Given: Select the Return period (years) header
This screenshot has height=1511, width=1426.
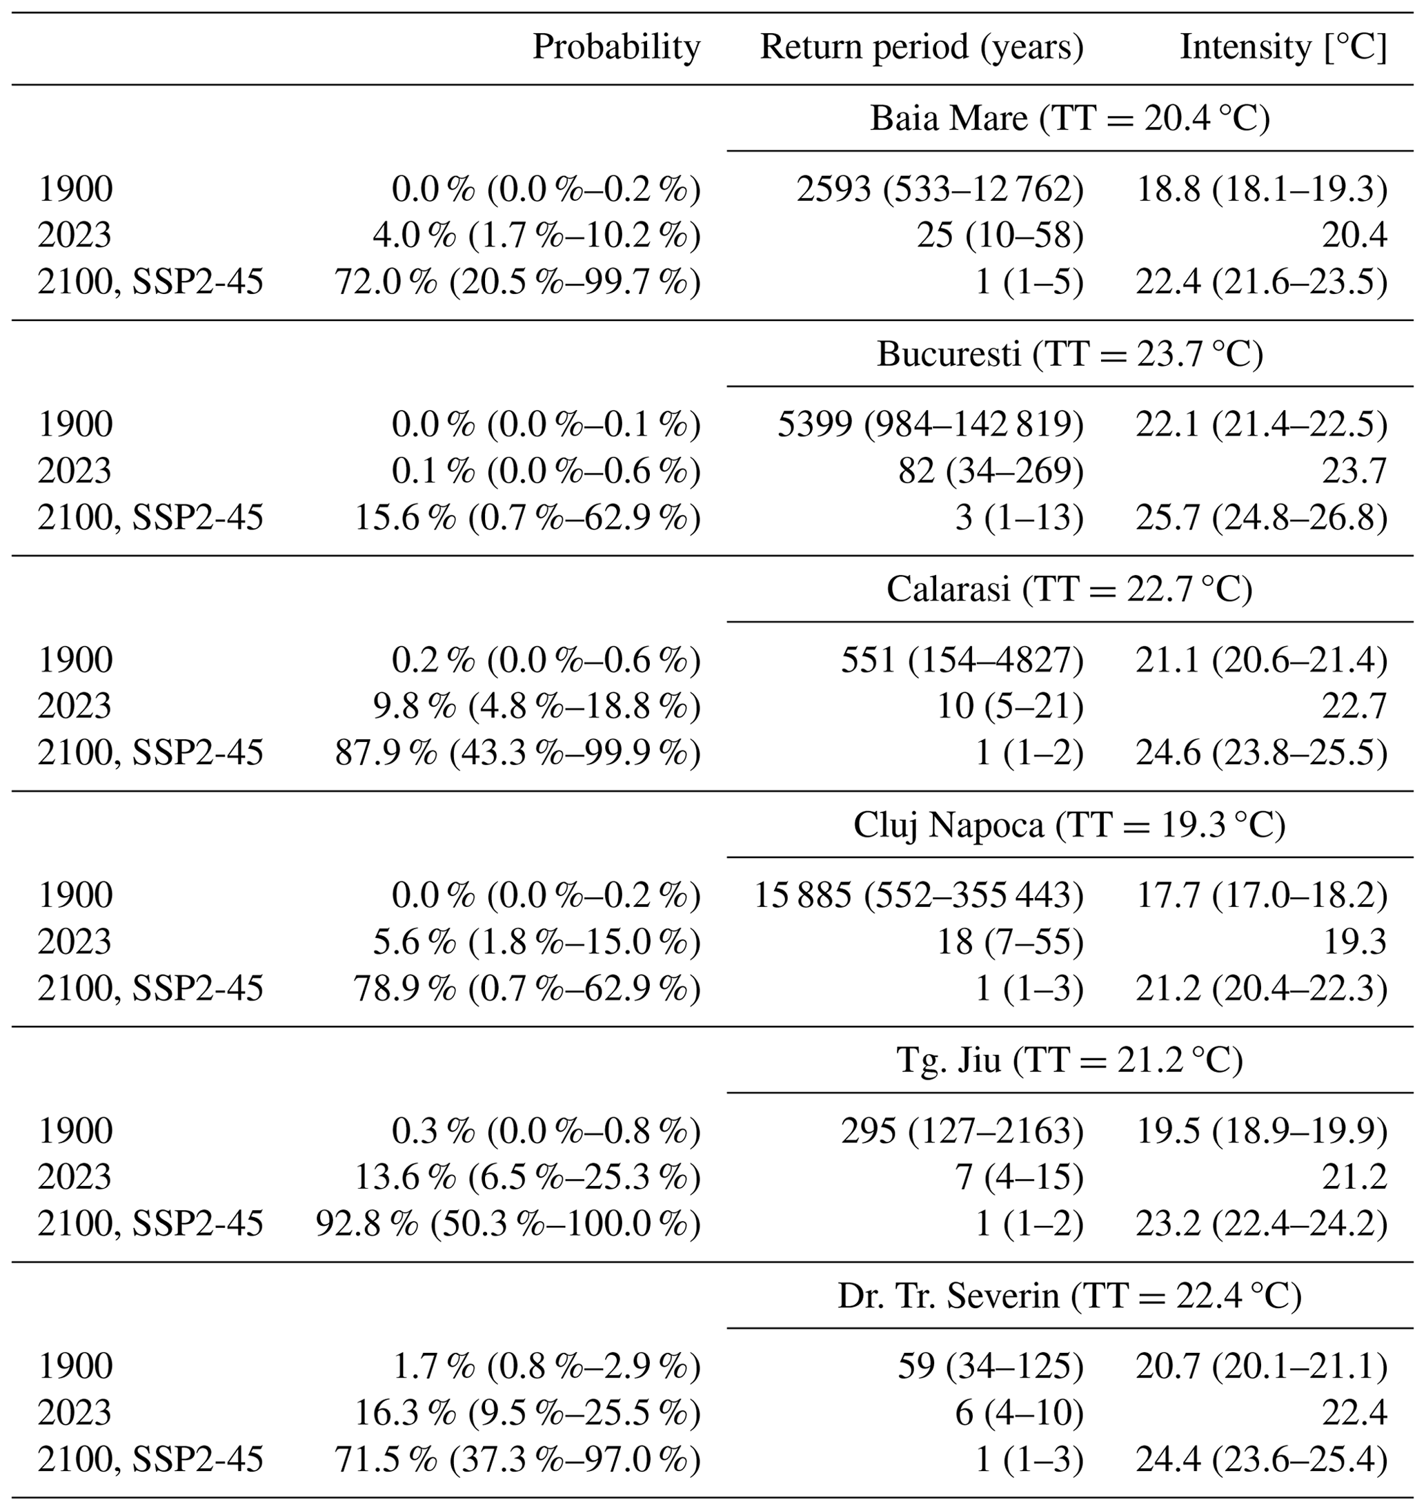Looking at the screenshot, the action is click(x=922, y=48).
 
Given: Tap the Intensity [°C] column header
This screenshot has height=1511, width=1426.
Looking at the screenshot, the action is click(x=1284, y=48).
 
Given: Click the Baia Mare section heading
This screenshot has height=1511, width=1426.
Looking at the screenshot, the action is click(x=1070, y=119).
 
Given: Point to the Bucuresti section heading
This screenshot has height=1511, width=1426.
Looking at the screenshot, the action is click(x=1070, y=354).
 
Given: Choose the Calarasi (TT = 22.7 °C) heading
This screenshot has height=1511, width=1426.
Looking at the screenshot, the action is click(x=1069, y=589).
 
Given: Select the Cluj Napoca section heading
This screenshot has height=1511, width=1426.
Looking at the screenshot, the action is click(x=1069, y=825).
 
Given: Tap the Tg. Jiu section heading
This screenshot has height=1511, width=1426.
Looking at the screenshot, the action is click(x=1069, y=1060).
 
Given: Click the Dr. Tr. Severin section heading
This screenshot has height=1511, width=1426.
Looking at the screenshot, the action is click(x=1069, y=1296).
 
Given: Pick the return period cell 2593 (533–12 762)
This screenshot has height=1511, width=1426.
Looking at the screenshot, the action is click(x=940, y=189).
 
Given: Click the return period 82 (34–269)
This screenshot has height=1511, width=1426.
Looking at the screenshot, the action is click(x=991, y=471).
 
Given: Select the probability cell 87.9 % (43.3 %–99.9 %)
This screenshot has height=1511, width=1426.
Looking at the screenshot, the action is click(x=517, y=754).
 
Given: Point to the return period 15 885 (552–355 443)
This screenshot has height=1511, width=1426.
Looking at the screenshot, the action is click(x=919, y=896).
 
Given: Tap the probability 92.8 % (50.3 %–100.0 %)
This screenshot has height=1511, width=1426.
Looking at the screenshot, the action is click(x=508, y=1225).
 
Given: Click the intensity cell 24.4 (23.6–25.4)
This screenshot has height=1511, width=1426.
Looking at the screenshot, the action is click(x=1262, y=1459).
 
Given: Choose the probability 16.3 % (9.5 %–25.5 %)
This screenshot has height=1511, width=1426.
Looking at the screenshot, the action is click(x=528, y=1413).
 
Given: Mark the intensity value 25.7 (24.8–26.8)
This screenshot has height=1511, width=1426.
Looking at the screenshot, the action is click(x=1262, y=518).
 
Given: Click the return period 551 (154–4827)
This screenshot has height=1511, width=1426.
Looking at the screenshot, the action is click(x=962, y=660).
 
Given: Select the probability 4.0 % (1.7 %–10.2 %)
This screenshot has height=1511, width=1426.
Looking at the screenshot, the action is click(x=537, y=236).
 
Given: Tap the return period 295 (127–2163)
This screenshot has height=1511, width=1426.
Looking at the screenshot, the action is click(x=962, y=1131).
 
